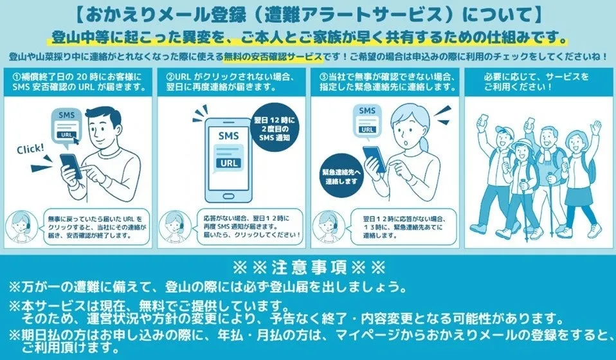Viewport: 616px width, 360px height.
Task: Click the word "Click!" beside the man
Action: coord(30,149)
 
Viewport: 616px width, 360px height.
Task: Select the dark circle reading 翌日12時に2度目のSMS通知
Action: coord(275,129)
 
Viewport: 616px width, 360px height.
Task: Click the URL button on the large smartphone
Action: coord(229,163)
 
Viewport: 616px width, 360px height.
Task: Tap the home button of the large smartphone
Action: coord(228,196)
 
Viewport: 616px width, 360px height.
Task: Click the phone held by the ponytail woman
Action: coord(374,159)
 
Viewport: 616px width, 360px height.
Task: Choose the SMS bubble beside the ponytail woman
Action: coord(367,121)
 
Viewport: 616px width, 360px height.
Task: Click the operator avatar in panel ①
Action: coord(22,227)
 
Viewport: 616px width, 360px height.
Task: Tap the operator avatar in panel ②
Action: coord(176,227)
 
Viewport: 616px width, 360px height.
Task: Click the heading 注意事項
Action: coord(309,268)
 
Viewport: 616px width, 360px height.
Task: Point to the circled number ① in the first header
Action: coord(17,76)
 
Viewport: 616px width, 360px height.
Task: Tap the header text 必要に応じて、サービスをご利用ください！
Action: coord(537,81)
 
